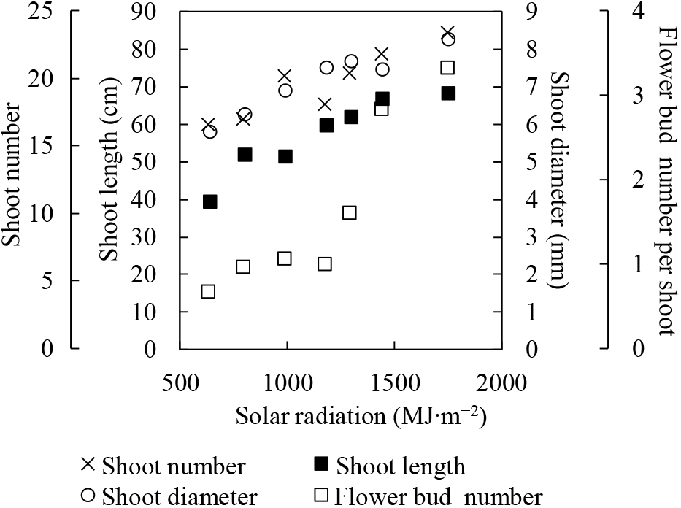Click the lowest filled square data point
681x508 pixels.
210,201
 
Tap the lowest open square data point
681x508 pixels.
208,291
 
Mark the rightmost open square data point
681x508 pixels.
448,68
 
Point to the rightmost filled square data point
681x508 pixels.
448,93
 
